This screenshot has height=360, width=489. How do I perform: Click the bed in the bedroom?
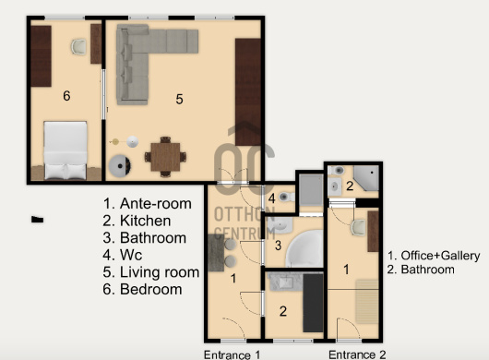click(x=66, y=150)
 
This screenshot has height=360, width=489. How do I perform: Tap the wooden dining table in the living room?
click(x=165, y=157)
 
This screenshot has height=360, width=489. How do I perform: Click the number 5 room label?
click(x=179, y=99)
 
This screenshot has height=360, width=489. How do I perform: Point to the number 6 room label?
click(x=66, y=96)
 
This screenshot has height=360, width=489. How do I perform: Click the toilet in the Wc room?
click(x=286, y=197)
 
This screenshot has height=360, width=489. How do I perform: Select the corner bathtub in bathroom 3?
click(x=304, y=248)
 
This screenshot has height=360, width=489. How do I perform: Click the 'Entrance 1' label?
click(x=232, y=354)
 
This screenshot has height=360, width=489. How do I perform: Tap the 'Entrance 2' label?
click(x=357, y=354)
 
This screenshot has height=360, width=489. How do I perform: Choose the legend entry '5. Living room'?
click(x=151, y=272)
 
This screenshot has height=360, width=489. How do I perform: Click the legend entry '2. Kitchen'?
click(x=137, y=221)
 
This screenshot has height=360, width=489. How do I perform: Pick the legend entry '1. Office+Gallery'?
click(x=434, y=256)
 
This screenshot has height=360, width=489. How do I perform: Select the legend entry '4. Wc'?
click(x=122, y=255)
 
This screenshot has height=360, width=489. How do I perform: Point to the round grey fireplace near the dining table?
click(x=119, y=166)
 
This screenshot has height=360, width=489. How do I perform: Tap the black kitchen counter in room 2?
click(x=313, y=303)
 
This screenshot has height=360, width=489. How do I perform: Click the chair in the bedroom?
click(x=78, y=47)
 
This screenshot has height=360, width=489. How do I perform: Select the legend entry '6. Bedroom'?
click(x=142, y=289)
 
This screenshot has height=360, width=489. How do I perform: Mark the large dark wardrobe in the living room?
click(x=248, y=92)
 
